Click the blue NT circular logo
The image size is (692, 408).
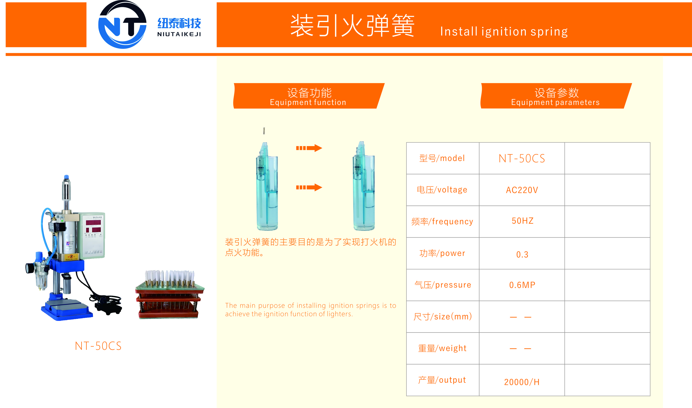point(122,25)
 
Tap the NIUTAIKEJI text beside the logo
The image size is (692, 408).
point(179,34)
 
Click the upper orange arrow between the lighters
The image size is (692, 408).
point(309,148)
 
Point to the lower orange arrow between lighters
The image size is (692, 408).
point(309,187)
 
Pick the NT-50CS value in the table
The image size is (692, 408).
point(522,159)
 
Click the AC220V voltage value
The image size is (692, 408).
point(522,190)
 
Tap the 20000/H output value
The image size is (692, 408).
point(522,382)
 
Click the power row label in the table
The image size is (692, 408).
point(442,253)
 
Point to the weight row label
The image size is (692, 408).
point(442,348)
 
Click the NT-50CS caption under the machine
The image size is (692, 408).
point(98,346)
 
